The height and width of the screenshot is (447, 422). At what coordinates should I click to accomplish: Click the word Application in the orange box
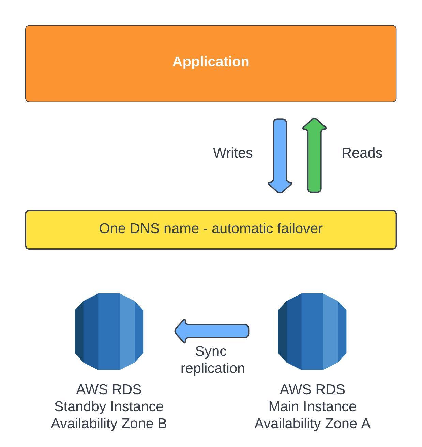coord(211,62)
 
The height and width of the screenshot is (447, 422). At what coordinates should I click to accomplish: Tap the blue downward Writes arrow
coord(280,156)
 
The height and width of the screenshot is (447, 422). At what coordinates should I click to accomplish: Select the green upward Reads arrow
coord(314,155)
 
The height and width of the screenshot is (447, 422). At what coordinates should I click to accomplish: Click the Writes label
coord(232,153)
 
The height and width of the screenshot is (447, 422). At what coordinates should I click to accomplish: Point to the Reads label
coord(362,153)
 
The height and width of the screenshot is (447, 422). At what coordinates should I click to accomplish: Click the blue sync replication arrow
coord(212,331)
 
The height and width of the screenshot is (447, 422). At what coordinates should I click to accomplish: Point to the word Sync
coord(211,352)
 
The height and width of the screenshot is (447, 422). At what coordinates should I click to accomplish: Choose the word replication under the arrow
coord(213,368)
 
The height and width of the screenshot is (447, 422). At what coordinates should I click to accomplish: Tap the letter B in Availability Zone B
coord(162,424)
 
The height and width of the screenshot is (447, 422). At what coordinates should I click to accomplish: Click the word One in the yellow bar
coord(109,228)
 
